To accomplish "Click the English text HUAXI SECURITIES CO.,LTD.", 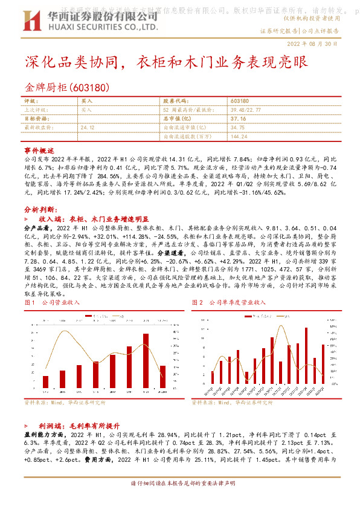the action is (x=83, y=27).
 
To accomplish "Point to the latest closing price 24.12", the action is (x=88, y=128).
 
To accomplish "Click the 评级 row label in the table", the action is (x=30, y=102).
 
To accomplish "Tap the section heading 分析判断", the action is (x=40, y=206).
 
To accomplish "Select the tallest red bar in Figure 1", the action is (x=146, y=361).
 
